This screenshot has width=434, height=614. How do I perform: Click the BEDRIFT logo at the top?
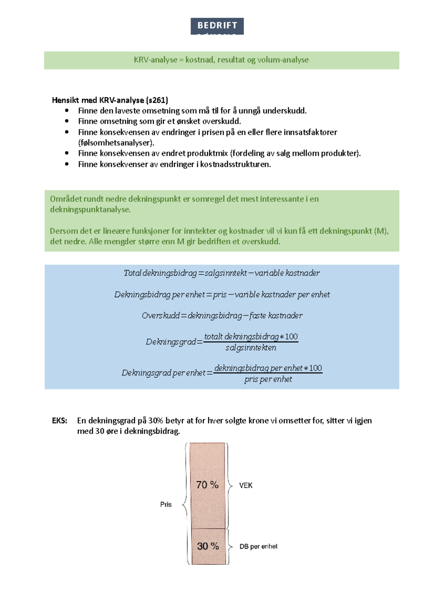point(217,26)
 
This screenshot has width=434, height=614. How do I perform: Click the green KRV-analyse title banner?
point(221,60)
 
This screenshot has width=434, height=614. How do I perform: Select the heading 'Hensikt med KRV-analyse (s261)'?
point(110,100)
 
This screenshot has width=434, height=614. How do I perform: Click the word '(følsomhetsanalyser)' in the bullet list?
point(116,143)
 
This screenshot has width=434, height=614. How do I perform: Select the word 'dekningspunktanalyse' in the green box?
point(90,210)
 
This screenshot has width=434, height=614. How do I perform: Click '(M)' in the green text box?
point(380,231)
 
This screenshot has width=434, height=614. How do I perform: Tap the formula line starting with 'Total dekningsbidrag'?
point(221,273)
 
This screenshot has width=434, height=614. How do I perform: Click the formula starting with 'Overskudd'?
point(222,316)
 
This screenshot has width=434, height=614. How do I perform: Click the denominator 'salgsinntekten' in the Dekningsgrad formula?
point(251,348)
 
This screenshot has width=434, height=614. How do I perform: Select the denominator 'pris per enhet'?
point(268,379)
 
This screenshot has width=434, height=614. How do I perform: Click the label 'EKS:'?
point(59,421)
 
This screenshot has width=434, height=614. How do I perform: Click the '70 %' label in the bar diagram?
point(207,485)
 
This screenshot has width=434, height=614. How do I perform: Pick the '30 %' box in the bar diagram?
point(208,546)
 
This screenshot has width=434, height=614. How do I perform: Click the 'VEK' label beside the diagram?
point(246,486)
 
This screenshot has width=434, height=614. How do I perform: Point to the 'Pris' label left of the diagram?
point(166,504)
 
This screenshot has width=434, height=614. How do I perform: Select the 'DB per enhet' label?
point(258,547)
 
